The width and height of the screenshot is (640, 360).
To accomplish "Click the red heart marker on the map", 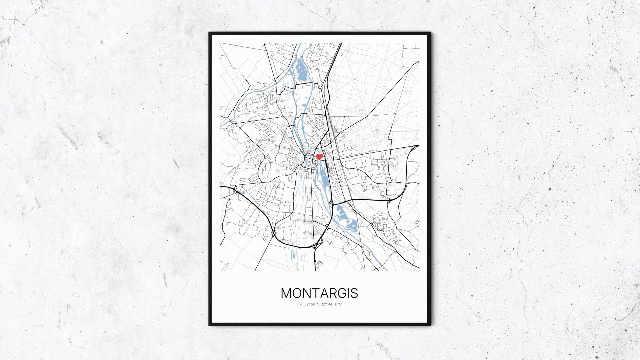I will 319,156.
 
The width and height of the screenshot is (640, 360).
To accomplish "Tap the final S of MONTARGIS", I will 354,293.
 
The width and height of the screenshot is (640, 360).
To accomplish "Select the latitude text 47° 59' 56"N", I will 308,304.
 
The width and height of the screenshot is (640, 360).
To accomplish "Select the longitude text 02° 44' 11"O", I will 331,304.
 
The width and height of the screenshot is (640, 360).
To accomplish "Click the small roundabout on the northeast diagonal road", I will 367,116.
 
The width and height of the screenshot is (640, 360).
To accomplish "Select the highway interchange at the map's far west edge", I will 235,190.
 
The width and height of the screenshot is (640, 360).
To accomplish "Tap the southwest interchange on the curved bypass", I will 273,233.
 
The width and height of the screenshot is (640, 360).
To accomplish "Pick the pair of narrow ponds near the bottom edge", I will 293,255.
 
